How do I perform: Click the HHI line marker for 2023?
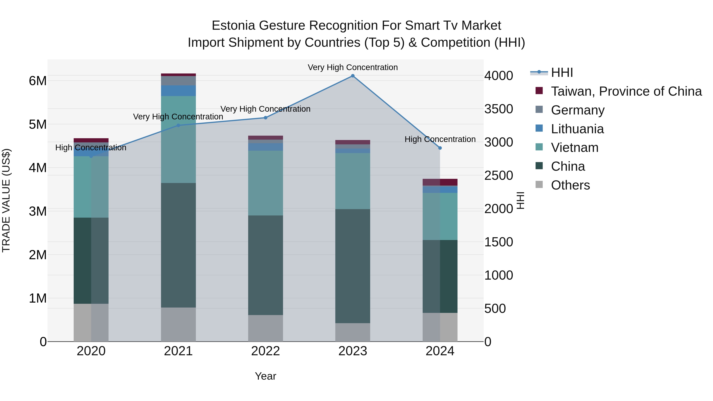(353, 76)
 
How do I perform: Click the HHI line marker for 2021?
(178, 125)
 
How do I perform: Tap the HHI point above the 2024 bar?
(440, 148)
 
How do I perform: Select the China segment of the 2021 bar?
(178, 245)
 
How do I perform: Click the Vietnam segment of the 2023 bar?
(353, 181)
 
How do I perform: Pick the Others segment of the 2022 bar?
(265, 328)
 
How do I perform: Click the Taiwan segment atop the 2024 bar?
(440, 182)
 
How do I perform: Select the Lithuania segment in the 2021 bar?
(178, 91)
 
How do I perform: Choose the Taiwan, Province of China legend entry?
(626, 91)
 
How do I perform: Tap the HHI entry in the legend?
(562, 72)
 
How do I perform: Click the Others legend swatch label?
(570, 185)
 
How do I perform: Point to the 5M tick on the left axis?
(38, 125)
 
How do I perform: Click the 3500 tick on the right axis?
(499, 109)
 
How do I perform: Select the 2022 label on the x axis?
(265, 351)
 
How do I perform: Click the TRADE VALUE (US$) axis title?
(6, 200)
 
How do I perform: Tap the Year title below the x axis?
(265, 376)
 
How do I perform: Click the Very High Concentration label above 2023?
(353, 67)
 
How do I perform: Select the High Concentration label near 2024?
(440, 139)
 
